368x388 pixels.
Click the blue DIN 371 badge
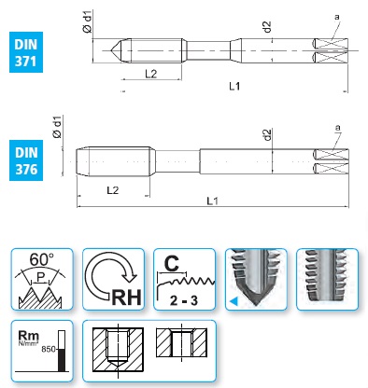pyautogui.click(x=26, y=52)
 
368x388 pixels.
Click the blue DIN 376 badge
pyautogui.click(x=26, y=160)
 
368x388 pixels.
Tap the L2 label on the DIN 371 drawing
pyautogui.click(x=151, y=74)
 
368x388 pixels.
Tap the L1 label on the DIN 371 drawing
pyautogui.click(x=234, y=86)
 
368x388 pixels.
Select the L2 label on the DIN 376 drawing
pyautogui.click(x=113, y=190)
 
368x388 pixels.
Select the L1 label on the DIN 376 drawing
pyautogui.click(x=213, y=201)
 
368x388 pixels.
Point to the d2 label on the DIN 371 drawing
pyautogui.click(x=267, y=27)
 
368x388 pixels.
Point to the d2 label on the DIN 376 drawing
pyautogui.click(x=267, y=134)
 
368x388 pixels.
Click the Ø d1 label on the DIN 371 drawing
pyautogui.click(x=88, y=21)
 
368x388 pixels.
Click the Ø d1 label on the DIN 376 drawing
pyautogui.click(x=58, y=127)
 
